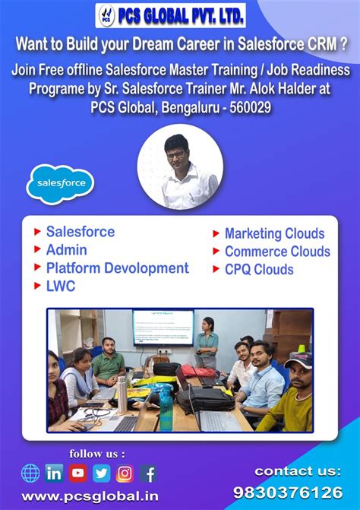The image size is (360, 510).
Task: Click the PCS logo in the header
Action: tap(108, 14)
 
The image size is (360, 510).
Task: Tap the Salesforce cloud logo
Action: tap(61, 183)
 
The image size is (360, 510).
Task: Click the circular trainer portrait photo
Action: tap(180, 167)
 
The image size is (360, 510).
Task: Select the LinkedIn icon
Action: tap(54, 474)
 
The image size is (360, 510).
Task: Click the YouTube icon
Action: tap(77, 474)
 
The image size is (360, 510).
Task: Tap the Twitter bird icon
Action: tap(101, 474)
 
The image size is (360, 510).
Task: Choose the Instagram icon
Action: tap(125, 474)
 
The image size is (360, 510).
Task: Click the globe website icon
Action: tap(30, 474)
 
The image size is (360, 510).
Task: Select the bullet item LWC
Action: tap(61, 287)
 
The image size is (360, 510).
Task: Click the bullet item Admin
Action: tap(66, 250)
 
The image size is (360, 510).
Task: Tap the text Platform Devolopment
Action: tap(117, 268)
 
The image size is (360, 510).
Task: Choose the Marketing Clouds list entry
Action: tap(274, 234)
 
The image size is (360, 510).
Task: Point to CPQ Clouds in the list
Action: tap(258, 270)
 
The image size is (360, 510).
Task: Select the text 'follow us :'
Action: tap(97, 454)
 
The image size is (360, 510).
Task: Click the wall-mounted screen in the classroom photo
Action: tap(163, 328)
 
